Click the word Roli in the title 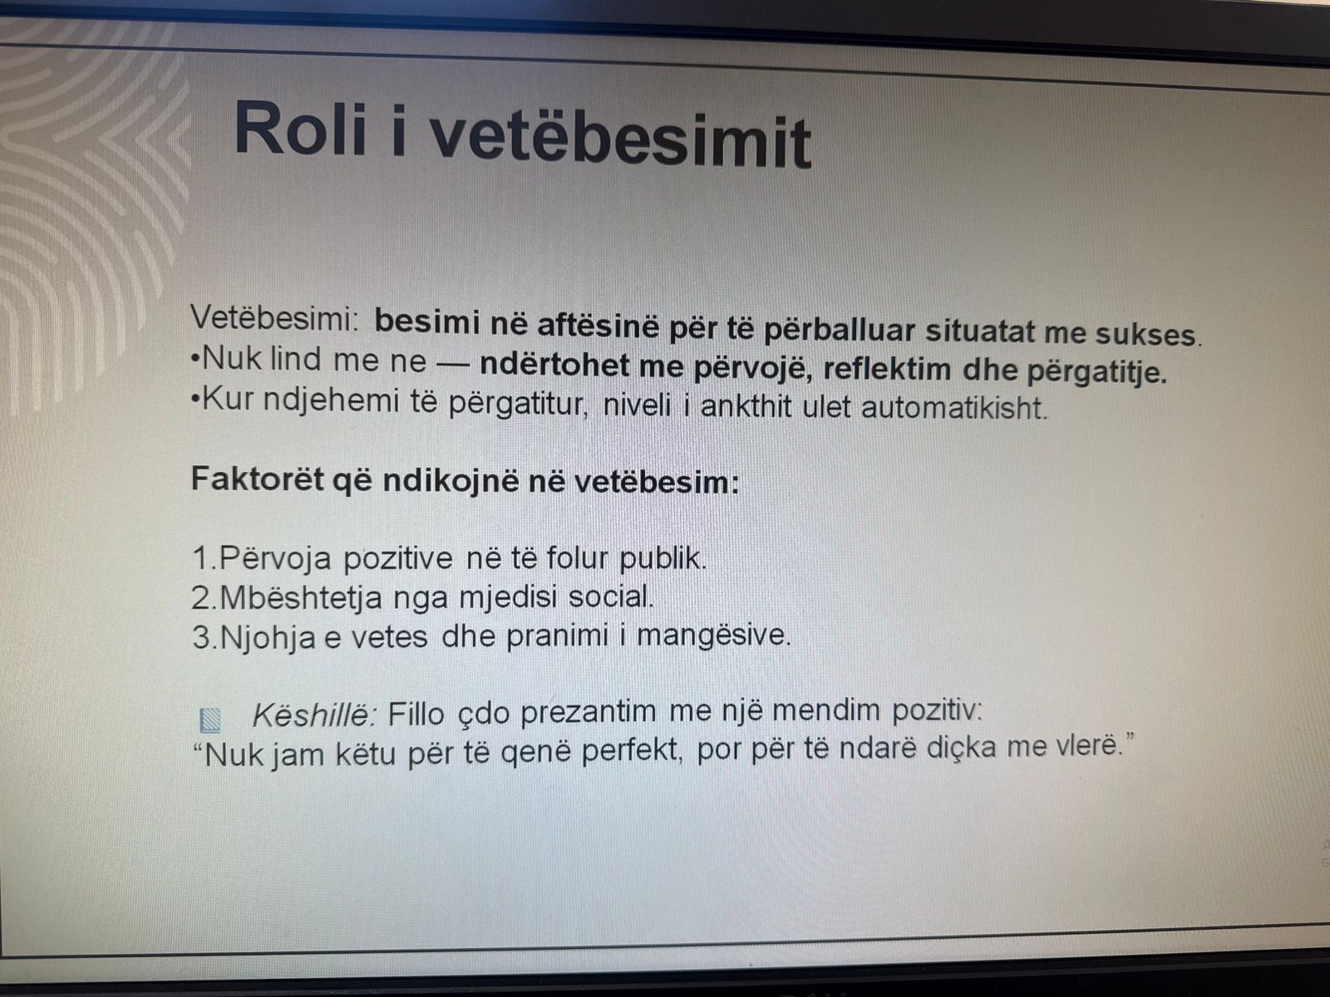click(x=301, y=129)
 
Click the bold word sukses click(x=1148, y=335)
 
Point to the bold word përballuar click(x=840, y=331)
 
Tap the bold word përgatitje click(x=1096, y=372)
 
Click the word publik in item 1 click(x=663, y=558)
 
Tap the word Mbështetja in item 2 click(x=301, y=597)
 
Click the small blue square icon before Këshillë click(x=210, y=720)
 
